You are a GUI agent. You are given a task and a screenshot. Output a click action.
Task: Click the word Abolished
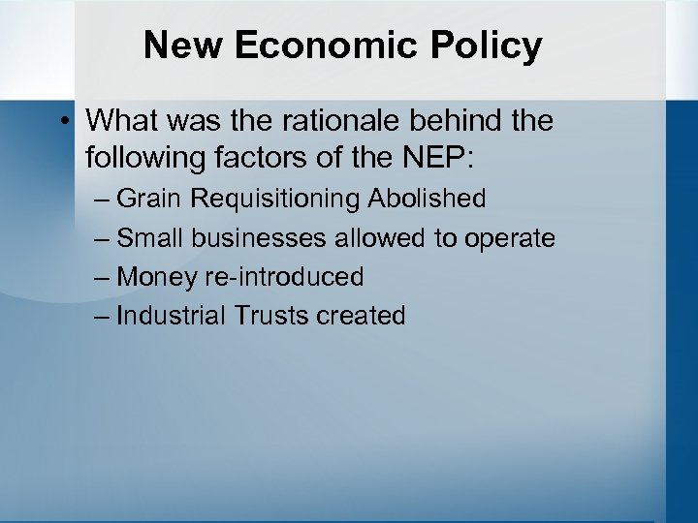(x=427, y=199)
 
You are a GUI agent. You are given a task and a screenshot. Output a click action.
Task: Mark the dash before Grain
(x=103, y=200)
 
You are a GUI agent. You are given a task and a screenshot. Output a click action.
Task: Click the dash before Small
(x=103, y=239)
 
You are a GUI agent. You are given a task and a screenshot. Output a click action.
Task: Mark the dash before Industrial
(x=103, y=317)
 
